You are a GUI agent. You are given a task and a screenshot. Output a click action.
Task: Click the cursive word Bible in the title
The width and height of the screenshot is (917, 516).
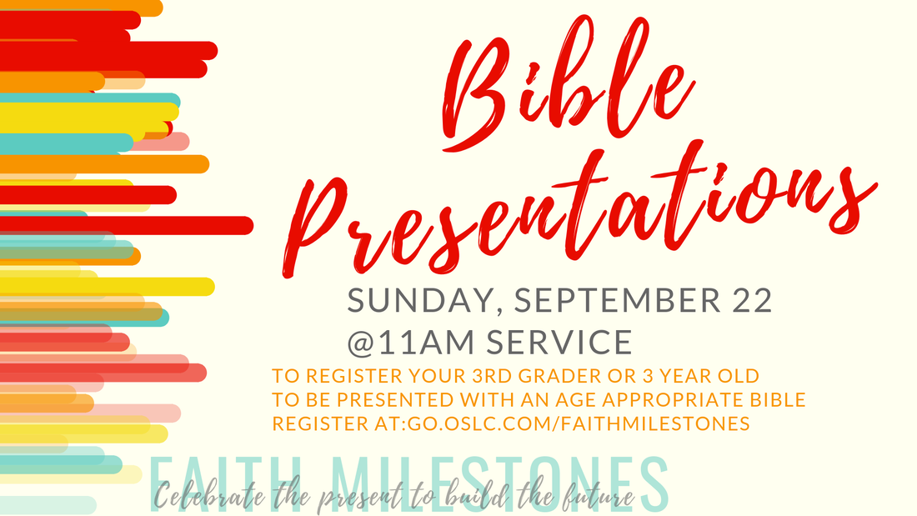[x=561, y=88]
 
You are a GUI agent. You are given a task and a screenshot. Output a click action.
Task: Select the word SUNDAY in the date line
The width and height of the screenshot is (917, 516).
[x=421, y=301]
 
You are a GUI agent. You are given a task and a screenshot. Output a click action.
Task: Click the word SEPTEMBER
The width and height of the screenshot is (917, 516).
[x=619, y=299]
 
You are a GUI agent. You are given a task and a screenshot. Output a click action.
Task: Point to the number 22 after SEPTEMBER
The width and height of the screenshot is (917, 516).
[x=752, y=299]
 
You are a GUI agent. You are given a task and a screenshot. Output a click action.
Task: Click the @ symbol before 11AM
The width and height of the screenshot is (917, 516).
[x=362, y=343]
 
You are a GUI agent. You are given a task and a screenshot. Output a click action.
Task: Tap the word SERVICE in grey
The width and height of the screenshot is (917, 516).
[x=559, y=342]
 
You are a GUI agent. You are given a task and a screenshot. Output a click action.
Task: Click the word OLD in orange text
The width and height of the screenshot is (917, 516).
[x=739, y=376]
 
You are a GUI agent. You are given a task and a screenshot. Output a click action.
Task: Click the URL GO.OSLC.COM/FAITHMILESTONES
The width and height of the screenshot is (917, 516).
[x=579, y=423]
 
